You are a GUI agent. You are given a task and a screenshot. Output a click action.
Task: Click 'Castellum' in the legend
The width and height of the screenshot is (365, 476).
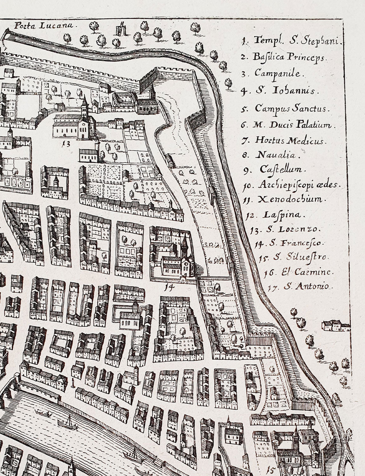click(x=276, y=170)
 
